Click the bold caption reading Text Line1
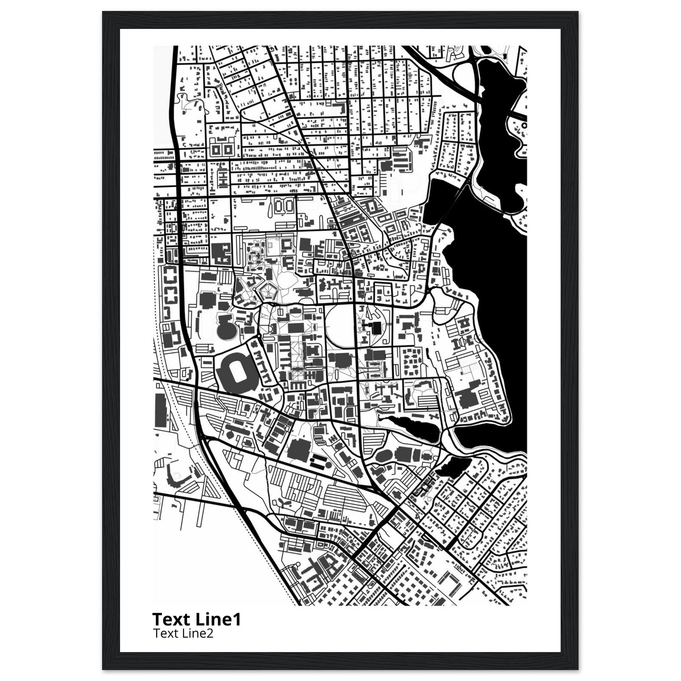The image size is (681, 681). (196, 619)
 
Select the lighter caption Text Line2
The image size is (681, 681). (183, 633)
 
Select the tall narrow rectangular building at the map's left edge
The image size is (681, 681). (160, 411)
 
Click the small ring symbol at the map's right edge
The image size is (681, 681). (524, 125)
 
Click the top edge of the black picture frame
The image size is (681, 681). (340, 20)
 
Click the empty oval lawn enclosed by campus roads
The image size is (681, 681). (339, 323)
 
